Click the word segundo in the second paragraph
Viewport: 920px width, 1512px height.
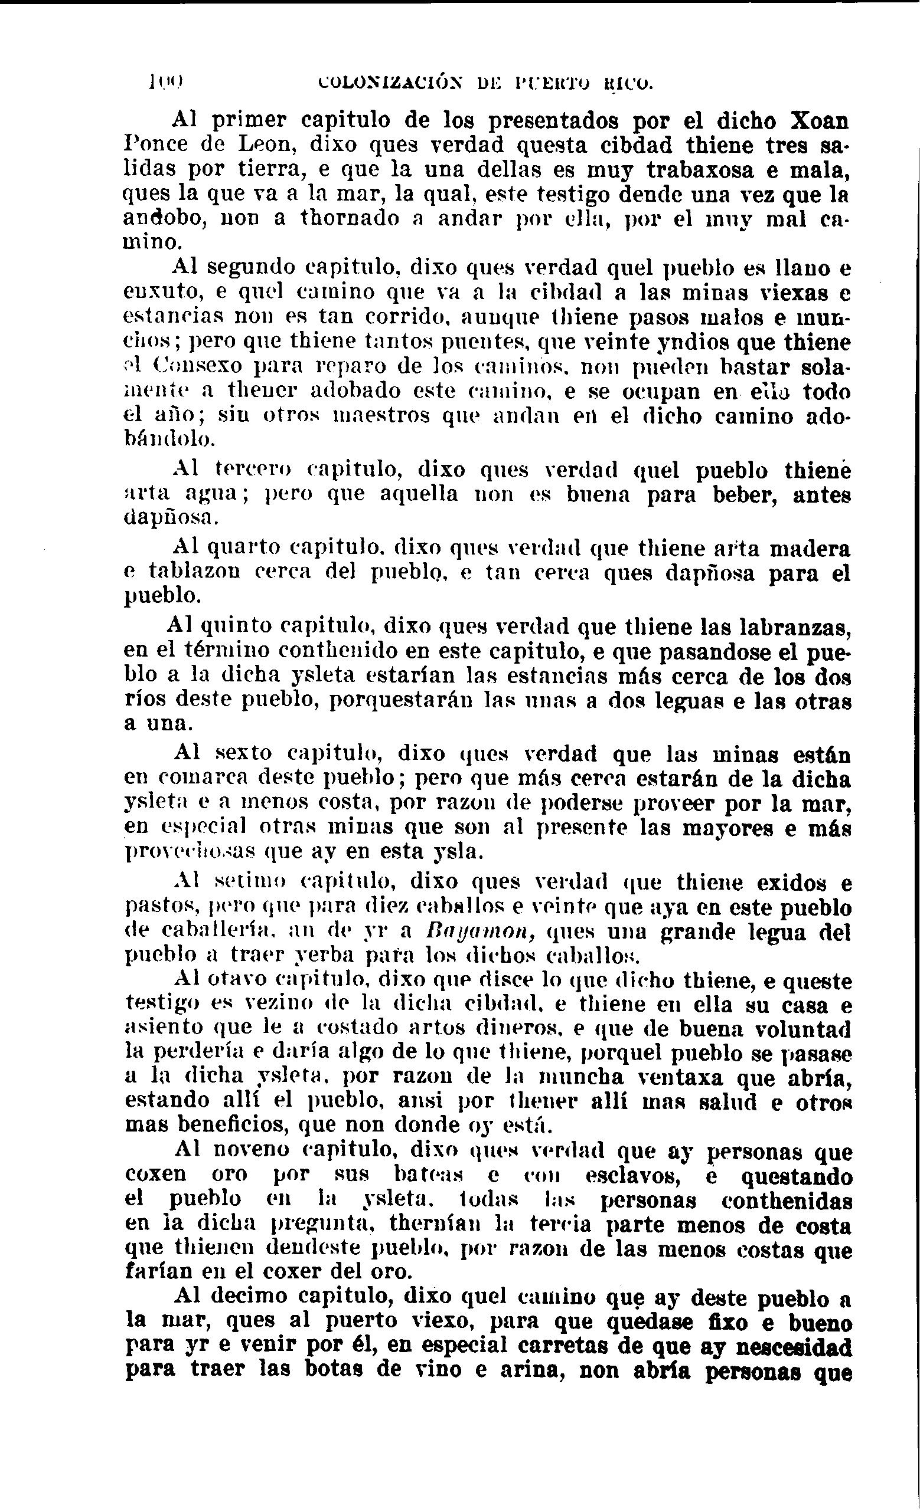point(250,268)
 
